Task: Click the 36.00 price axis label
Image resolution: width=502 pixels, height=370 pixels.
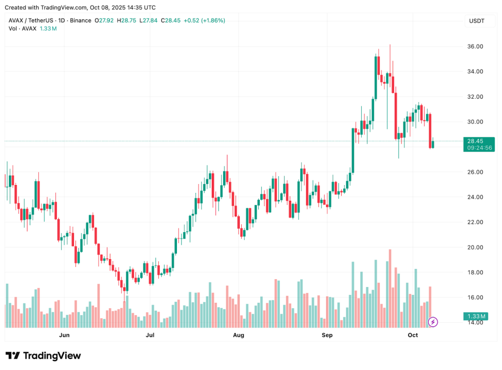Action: tap(475, 47)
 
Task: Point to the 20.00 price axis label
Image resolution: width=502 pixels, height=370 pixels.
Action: tap(475, 247)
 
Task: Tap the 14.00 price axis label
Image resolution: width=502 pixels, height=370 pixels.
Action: tap(475, 323)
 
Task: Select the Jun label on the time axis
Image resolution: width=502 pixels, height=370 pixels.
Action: tap(64, 335)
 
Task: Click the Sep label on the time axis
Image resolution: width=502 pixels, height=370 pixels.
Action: tap(327, 335)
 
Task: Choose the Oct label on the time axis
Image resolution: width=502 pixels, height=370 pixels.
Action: tap(413, 335)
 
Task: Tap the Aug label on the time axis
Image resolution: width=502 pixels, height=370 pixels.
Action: tap(238, 335)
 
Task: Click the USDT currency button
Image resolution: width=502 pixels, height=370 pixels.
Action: tap(477, 21)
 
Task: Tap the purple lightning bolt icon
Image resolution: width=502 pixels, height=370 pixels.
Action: tap(433, 322)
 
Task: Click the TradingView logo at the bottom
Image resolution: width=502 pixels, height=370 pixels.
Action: tap(43, 356)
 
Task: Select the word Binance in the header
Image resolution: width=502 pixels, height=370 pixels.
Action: tap(80, 21)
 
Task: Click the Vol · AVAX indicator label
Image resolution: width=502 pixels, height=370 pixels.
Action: tap(23, 28)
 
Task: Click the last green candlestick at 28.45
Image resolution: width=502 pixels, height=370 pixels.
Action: tap(433, 143)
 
